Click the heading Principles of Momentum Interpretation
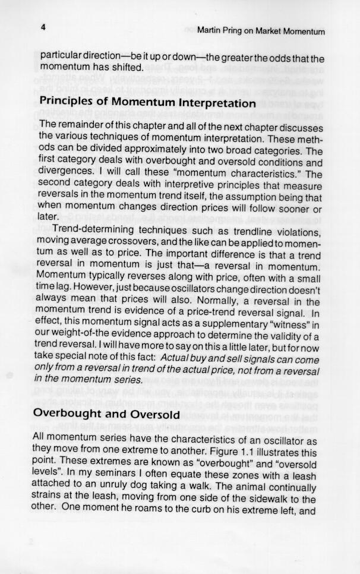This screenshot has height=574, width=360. (x=147, y=102)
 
